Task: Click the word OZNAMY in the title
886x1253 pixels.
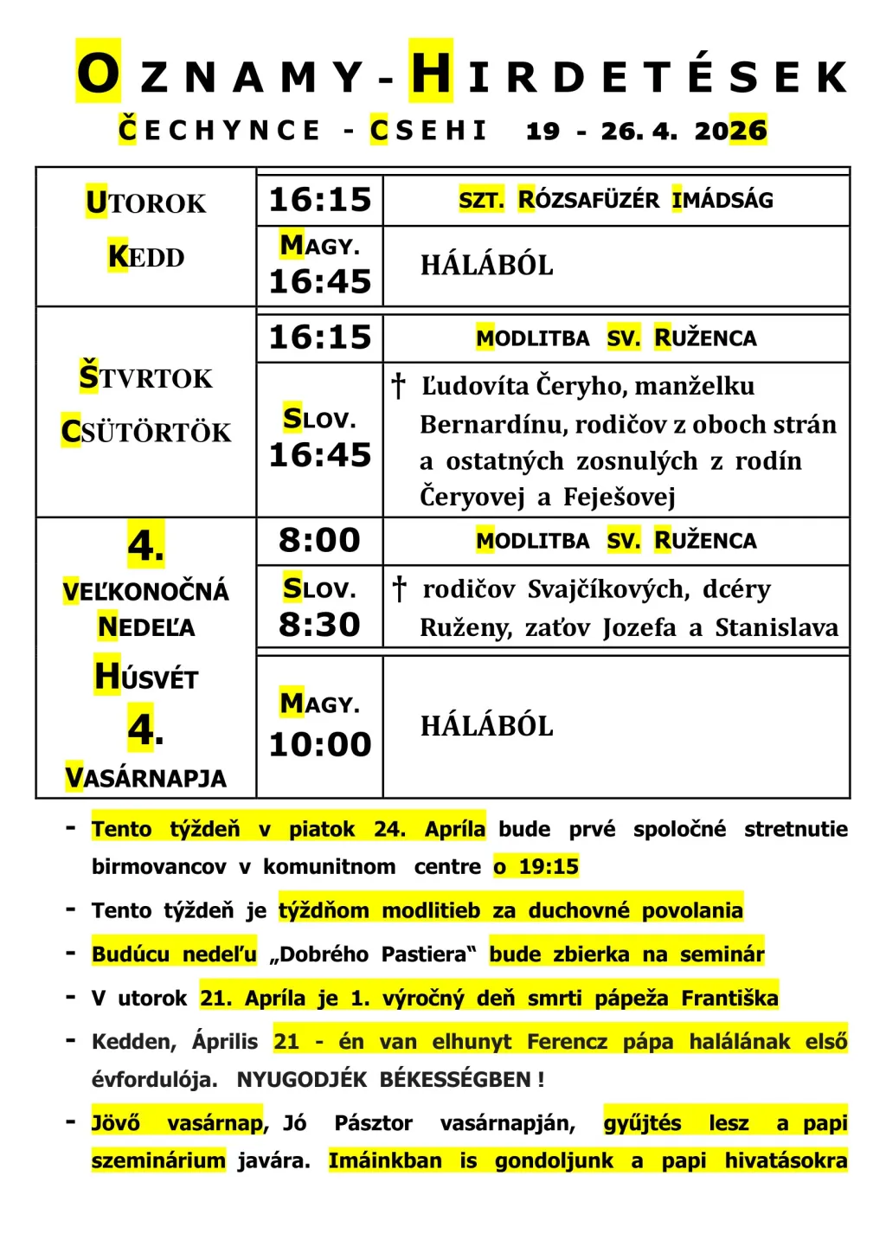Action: [x=221, y=74]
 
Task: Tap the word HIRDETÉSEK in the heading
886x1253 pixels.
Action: [x=628, y=74]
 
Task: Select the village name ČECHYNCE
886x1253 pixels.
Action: [x=220, y=130]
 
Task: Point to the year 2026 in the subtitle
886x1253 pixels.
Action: [x=730, y=131]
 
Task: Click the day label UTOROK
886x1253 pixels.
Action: [x=145, y=202]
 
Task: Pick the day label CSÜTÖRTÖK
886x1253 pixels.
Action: [x=146, y=431]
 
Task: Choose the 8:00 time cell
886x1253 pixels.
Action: [x=319, y=540]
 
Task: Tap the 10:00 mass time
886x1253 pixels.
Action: [x=319, y=744]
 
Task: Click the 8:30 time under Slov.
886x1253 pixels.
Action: [x=319, y=624]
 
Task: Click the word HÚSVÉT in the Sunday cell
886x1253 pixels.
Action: [x=146, y=677]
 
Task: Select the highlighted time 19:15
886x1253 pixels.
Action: [x=548, y=866]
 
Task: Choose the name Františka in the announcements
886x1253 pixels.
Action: [x=729, y=998]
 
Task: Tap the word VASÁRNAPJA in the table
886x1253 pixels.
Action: [x=145, y=777]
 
